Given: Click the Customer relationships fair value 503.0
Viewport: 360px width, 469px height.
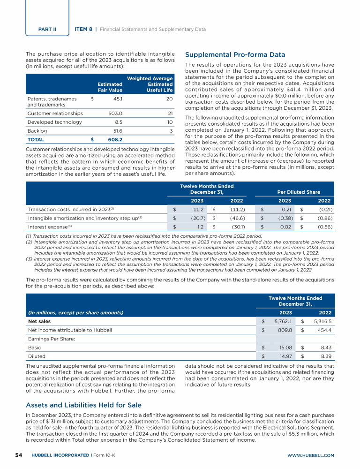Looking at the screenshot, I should click(x=115, y=113).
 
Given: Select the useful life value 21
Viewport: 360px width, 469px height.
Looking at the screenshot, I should click(x=170, y=113).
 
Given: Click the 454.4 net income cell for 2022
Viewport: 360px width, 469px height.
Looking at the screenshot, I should click(x=325, y=330).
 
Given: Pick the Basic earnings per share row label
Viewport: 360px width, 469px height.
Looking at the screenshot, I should click(x=34, y=348).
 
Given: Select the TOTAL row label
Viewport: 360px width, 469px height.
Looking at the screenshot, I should click(x=36, y=139).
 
